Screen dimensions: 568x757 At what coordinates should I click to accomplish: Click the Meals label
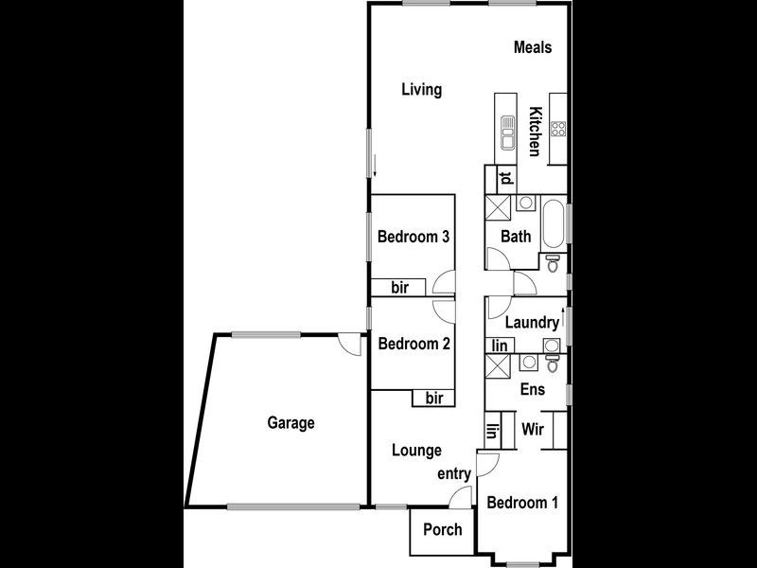click(533, 47)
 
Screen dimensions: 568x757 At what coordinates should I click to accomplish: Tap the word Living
click(421, 90)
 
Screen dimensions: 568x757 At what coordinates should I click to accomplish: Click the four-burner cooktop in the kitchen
click(557, 130)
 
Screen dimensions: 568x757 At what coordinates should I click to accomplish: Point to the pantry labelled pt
click(506, 179)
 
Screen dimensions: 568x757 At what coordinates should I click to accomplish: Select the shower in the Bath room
click(497, 208)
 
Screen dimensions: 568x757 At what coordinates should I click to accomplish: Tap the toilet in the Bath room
click(554, 261)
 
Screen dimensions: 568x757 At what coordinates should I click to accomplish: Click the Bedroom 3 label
click(413, 237)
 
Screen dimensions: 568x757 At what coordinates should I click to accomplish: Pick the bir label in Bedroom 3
click(399, 288)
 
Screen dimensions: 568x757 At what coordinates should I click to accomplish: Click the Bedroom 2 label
click(414, 345)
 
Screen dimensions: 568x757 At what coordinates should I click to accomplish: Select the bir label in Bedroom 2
click(434, 399)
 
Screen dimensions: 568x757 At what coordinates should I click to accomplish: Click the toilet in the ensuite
click(554, 362)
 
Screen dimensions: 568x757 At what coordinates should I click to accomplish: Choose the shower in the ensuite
click(497, 366)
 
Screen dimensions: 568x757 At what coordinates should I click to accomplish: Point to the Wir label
click(533, 429)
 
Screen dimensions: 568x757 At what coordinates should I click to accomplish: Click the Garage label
click(290, 423)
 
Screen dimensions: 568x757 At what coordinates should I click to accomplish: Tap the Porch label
click(442, 529)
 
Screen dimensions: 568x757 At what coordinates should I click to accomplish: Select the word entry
click(454, 472)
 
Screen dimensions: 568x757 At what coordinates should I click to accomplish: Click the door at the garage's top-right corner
click(352, 345)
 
